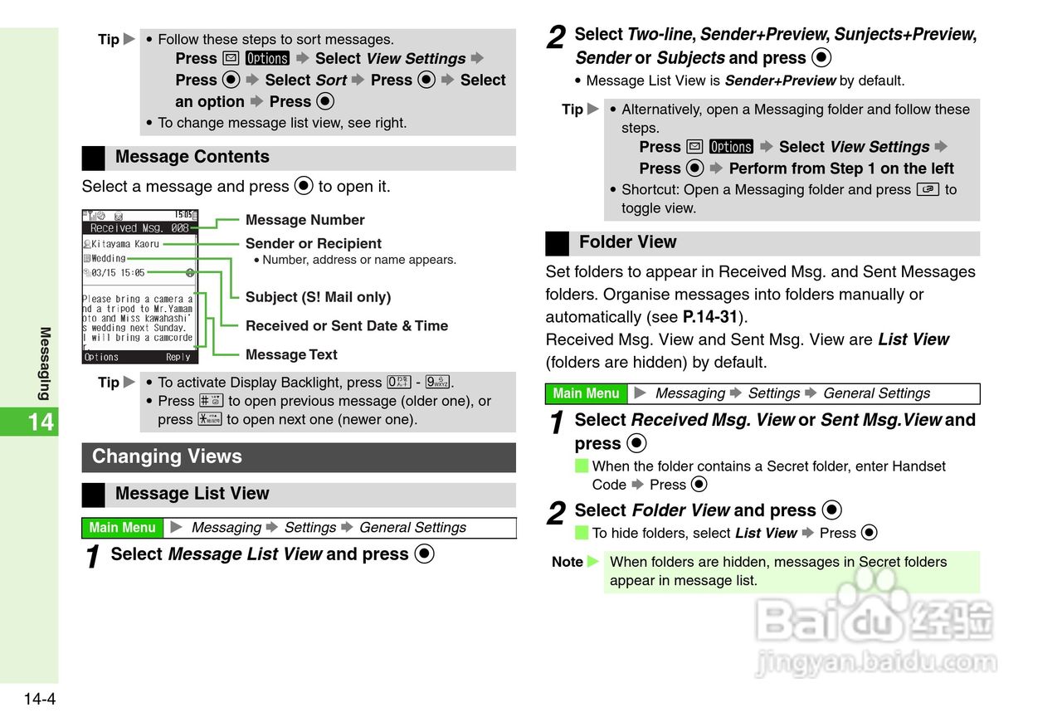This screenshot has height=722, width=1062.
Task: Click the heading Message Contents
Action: click(192, 157)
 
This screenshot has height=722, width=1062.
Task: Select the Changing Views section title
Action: click(167, 456)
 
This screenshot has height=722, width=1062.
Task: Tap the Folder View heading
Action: click(627, 242)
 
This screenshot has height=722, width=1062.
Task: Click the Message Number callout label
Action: click(304, 220)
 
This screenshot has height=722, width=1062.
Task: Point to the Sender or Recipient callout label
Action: click(313, 243)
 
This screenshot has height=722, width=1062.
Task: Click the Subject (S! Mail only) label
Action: click(318, 297)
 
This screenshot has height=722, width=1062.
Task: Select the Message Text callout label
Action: click(291, 354)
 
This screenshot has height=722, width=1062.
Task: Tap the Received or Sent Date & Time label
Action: click(346, 326)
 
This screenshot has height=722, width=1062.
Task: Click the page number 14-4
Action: click(39, 699)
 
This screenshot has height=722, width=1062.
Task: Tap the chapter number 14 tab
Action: click(40, 422)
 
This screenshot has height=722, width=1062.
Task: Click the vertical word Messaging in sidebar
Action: click(45, 363)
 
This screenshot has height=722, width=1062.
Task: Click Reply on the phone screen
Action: click(178, 357)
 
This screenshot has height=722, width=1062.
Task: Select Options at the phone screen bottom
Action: click(101, 357)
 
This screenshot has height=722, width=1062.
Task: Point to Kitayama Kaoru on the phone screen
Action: click(124, 244)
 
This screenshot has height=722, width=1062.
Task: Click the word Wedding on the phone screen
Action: click(108, 258)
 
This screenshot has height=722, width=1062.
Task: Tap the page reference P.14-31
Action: click(709, 317)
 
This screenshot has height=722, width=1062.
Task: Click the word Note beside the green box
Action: click(568, 562)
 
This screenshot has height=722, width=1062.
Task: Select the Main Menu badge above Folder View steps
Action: click(586, 393)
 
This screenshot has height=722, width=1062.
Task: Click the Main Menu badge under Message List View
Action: click(122, 528)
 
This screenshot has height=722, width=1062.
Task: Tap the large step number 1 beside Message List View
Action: click(95, 556)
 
